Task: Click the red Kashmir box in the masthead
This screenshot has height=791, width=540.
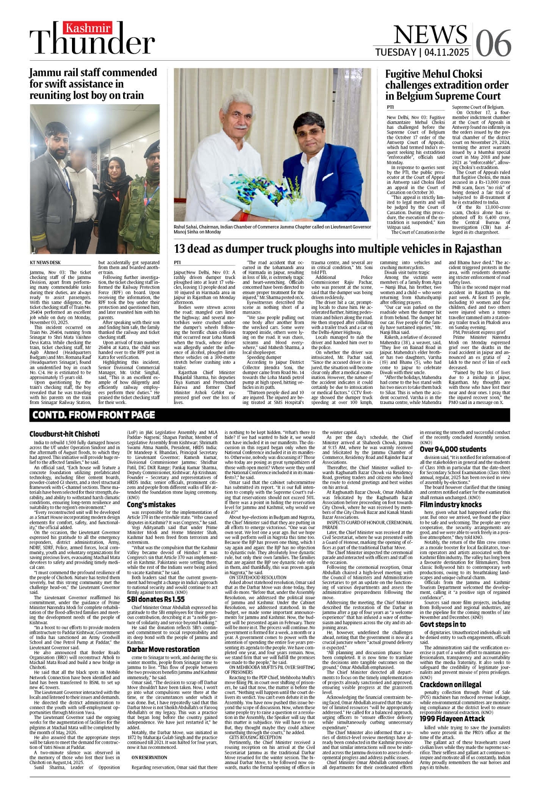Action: pos(88,28)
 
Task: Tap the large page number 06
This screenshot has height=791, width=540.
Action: pos(493,43)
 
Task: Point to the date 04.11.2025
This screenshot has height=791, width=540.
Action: pos(447,52)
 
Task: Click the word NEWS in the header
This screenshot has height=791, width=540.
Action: pos(430,34)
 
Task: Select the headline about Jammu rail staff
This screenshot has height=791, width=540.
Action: pos(93,84)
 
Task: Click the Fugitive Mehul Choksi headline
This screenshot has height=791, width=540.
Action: pos(446,85)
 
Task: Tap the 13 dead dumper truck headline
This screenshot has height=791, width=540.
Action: pos(337,249)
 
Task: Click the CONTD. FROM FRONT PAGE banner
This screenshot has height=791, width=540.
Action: pos(94,415)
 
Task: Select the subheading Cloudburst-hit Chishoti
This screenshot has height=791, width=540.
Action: pos(64,434)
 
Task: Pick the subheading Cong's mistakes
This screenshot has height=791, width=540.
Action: pos(151,505)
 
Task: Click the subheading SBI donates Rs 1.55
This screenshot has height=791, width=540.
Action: pos(155,599)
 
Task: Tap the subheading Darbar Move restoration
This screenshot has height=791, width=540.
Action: pos(162,649)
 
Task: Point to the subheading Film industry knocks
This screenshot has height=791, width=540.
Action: pos(450,504)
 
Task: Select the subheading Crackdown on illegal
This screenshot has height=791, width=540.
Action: pos(450,684)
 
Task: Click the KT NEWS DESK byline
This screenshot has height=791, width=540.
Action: pos(45,262)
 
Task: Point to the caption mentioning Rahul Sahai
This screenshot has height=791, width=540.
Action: pos(272,230)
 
